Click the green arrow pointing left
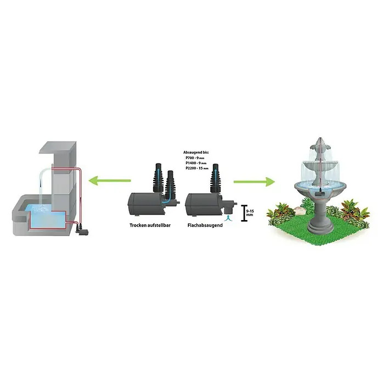coord(110,181)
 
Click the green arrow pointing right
coord(254,182)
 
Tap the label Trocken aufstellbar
coord(150,225)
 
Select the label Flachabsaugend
coord(205,226)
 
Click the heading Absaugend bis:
coord(196,153)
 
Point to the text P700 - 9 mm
coord(195,158)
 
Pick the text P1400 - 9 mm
coord(196,163)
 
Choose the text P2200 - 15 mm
coord(197,168)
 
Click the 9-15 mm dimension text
coord(250,213)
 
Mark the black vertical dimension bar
coord(244,213)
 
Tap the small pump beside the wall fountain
coord(82,229)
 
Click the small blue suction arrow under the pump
coord(228,218)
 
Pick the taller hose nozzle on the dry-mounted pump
coord(158,177)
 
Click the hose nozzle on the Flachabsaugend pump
coord(215,178)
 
